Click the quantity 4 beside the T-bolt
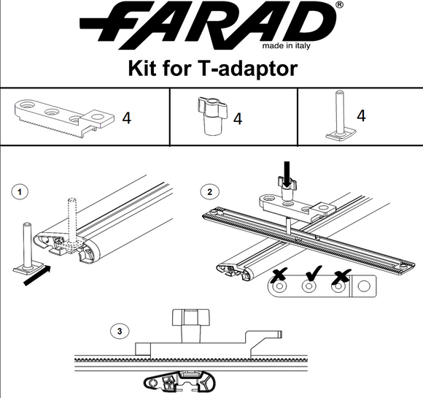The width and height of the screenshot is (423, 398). point(362,115)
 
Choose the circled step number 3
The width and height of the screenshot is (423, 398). point(122,331)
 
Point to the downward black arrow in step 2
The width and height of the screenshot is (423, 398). point(286,174)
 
